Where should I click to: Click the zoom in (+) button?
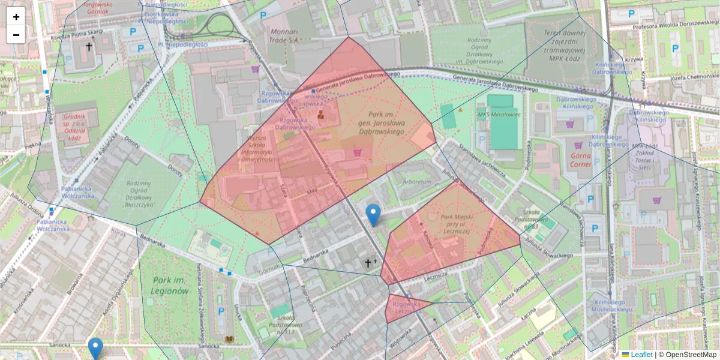[16, 16]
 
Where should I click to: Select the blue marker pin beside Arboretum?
[373, 215]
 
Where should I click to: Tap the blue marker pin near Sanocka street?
[95, 348]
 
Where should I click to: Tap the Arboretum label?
[418, 181]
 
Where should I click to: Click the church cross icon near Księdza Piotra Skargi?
[89, 46]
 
